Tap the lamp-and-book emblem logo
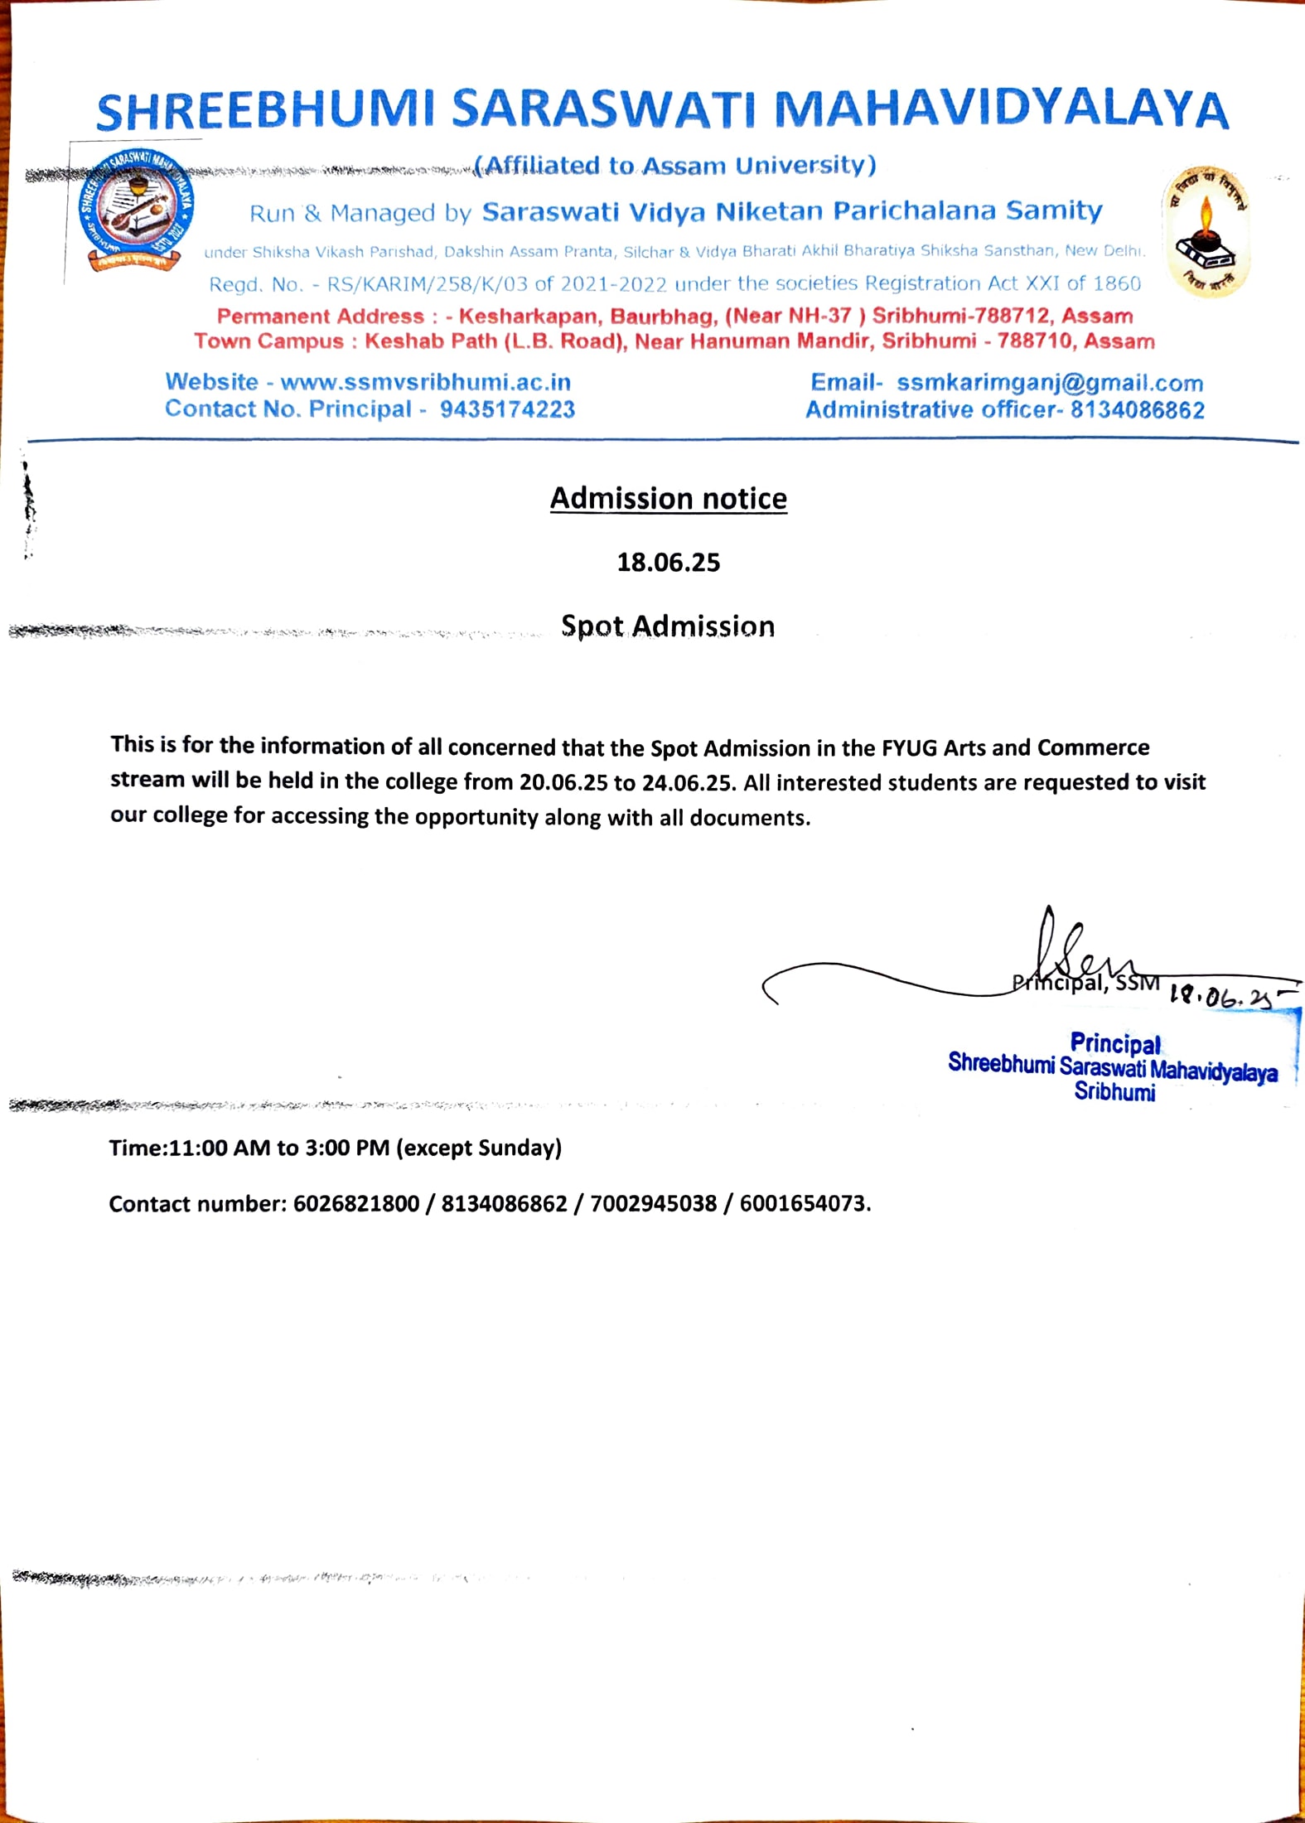1206,232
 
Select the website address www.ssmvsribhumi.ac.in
425,382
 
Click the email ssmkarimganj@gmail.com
1050,383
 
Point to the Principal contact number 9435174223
507,409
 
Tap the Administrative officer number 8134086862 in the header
1138,410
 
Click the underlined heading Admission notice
668,499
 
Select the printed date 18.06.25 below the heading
668,563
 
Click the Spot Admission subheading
668,626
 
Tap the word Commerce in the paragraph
1093,747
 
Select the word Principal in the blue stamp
1115,1043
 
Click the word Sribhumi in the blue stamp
1114,1092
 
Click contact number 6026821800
356,1204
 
